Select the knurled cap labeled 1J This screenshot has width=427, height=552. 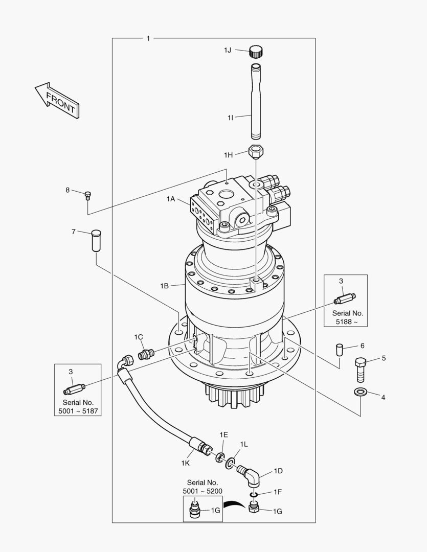[x=256, y=51]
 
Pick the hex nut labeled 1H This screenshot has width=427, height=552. [x=256, y=152]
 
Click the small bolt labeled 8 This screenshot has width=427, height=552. [x=87, y=194]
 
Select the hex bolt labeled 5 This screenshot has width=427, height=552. [x=359, y=369]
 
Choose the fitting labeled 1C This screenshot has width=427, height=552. [x=147, y=353]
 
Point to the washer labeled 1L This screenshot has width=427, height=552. [x=231, y=463]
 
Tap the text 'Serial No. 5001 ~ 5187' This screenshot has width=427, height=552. [x=78, y=406]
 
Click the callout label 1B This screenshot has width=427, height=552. [x=164, y=286]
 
